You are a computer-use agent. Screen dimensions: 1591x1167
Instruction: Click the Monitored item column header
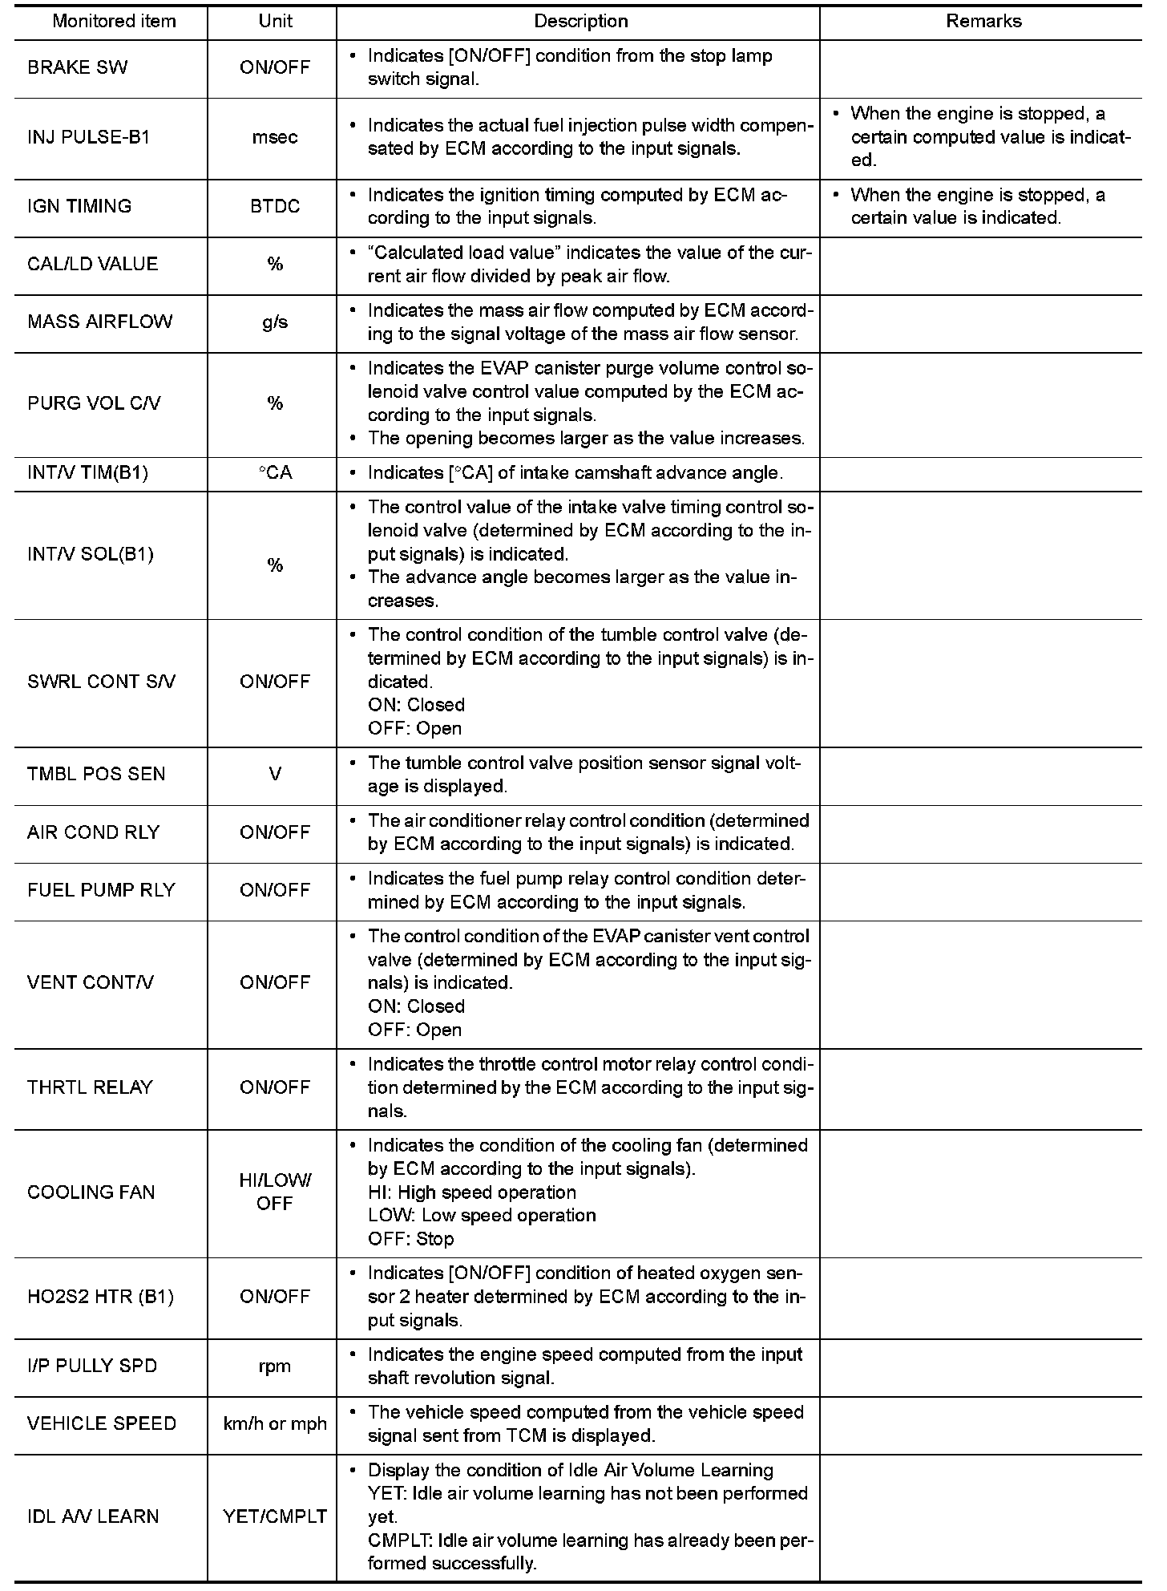coord(114,22)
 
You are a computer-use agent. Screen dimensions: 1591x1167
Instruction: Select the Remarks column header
coord(983,22)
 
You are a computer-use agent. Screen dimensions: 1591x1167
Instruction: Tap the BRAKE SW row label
coord(77,68)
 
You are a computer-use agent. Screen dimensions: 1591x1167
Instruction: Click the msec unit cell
coord(275,137)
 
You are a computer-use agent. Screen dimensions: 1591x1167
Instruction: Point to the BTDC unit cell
coord(275,206)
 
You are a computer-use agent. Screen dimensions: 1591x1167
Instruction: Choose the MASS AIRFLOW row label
coord(99,322)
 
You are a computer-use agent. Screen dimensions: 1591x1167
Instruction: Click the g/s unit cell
coord(275,322)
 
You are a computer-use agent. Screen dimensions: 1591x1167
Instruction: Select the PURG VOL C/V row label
coord(94,403)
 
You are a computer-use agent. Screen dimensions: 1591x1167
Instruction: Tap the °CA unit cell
coord(275,473)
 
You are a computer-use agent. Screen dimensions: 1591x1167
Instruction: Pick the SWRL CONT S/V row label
coord(101,682)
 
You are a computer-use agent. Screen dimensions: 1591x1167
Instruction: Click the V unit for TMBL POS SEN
coord(275,775)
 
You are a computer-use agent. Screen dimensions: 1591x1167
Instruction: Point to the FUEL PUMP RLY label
coord(101,890)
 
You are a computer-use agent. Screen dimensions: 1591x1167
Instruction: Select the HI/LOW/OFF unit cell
coord(275,1192)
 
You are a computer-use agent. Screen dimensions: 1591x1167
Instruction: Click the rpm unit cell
coord(275,1366)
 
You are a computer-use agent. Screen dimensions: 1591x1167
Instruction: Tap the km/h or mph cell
coord(275,1423)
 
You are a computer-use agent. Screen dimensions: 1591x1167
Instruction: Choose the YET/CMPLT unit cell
coord(275,1516)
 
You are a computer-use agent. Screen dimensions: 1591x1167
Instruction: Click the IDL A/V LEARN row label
coord(93,1516)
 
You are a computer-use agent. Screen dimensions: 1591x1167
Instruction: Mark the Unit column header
coord(275,22)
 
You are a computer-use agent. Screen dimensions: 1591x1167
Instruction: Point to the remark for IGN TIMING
coord(977,206)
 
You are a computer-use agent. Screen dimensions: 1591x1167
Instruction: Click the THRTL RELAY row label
coord(90,1087)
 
